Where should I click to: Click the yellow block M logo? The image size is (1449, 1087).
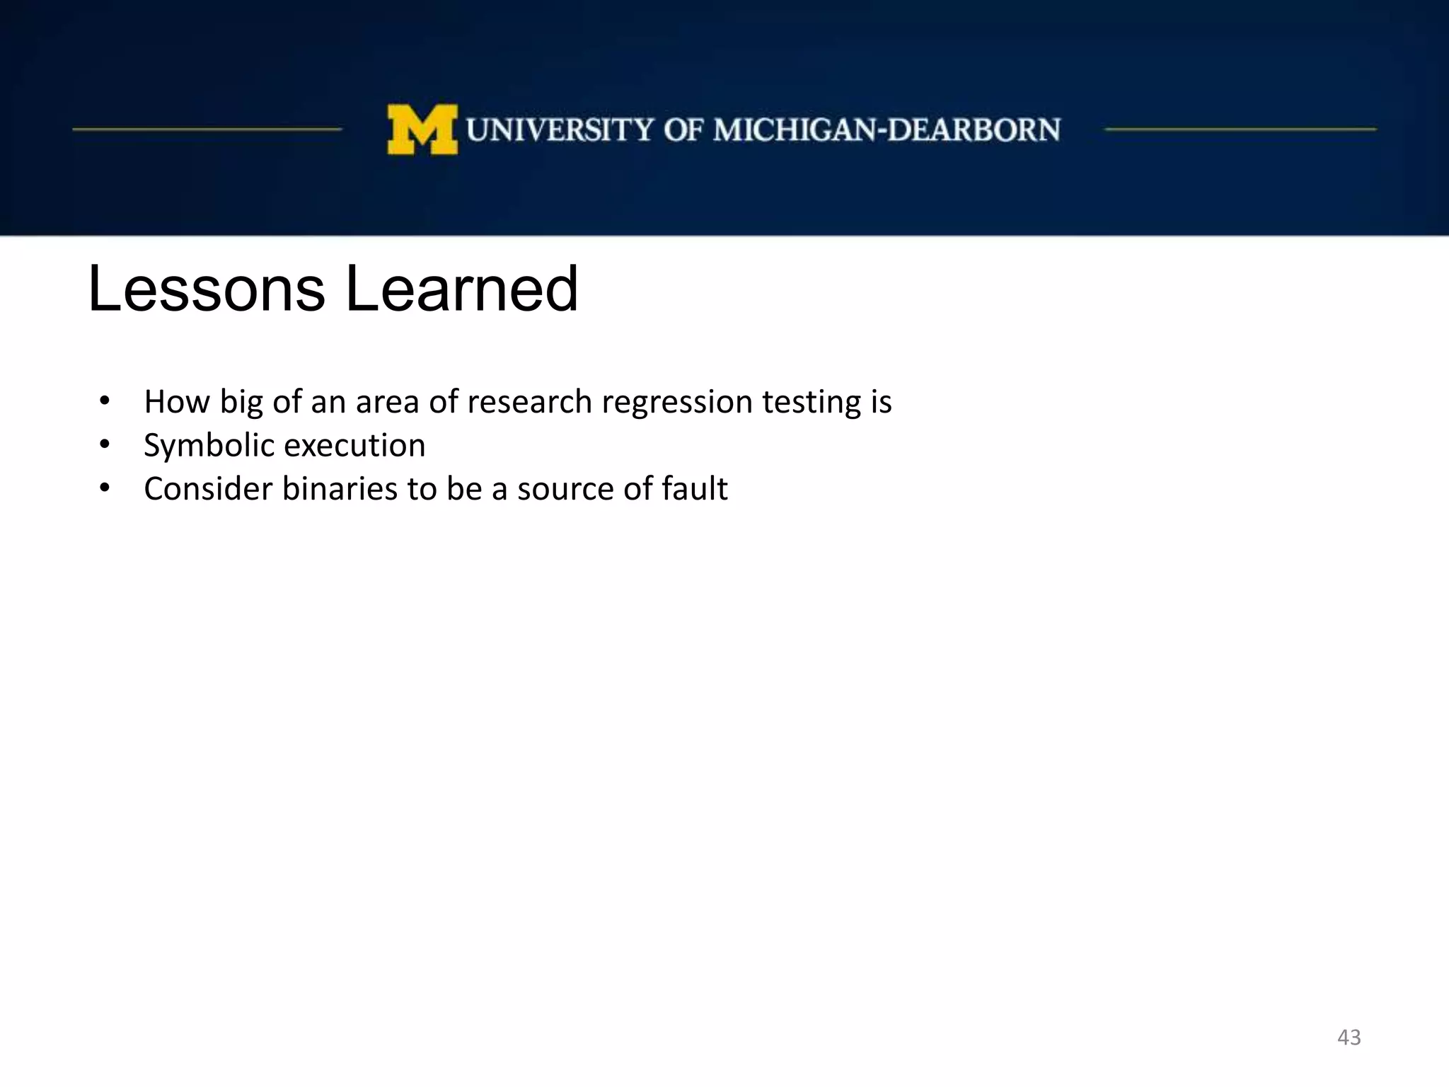click(x=422, y=130)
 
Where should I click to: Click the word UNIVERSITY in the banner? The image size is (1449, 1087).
click(x=560, y=130)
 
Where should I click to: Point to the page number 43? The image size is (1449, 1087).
click(x=1349, y=1037)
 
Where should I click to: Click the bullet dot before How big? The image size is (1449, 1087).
click(x=105, y=401)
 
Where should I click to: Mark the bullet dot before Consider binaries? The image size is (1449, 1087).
click(x=105, y=488)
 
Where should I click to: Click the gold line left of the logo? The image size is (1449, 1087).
click(x=207, y=130)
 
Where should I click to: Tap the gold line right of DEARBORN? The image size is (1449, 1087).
click(x=1240, y=130)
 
